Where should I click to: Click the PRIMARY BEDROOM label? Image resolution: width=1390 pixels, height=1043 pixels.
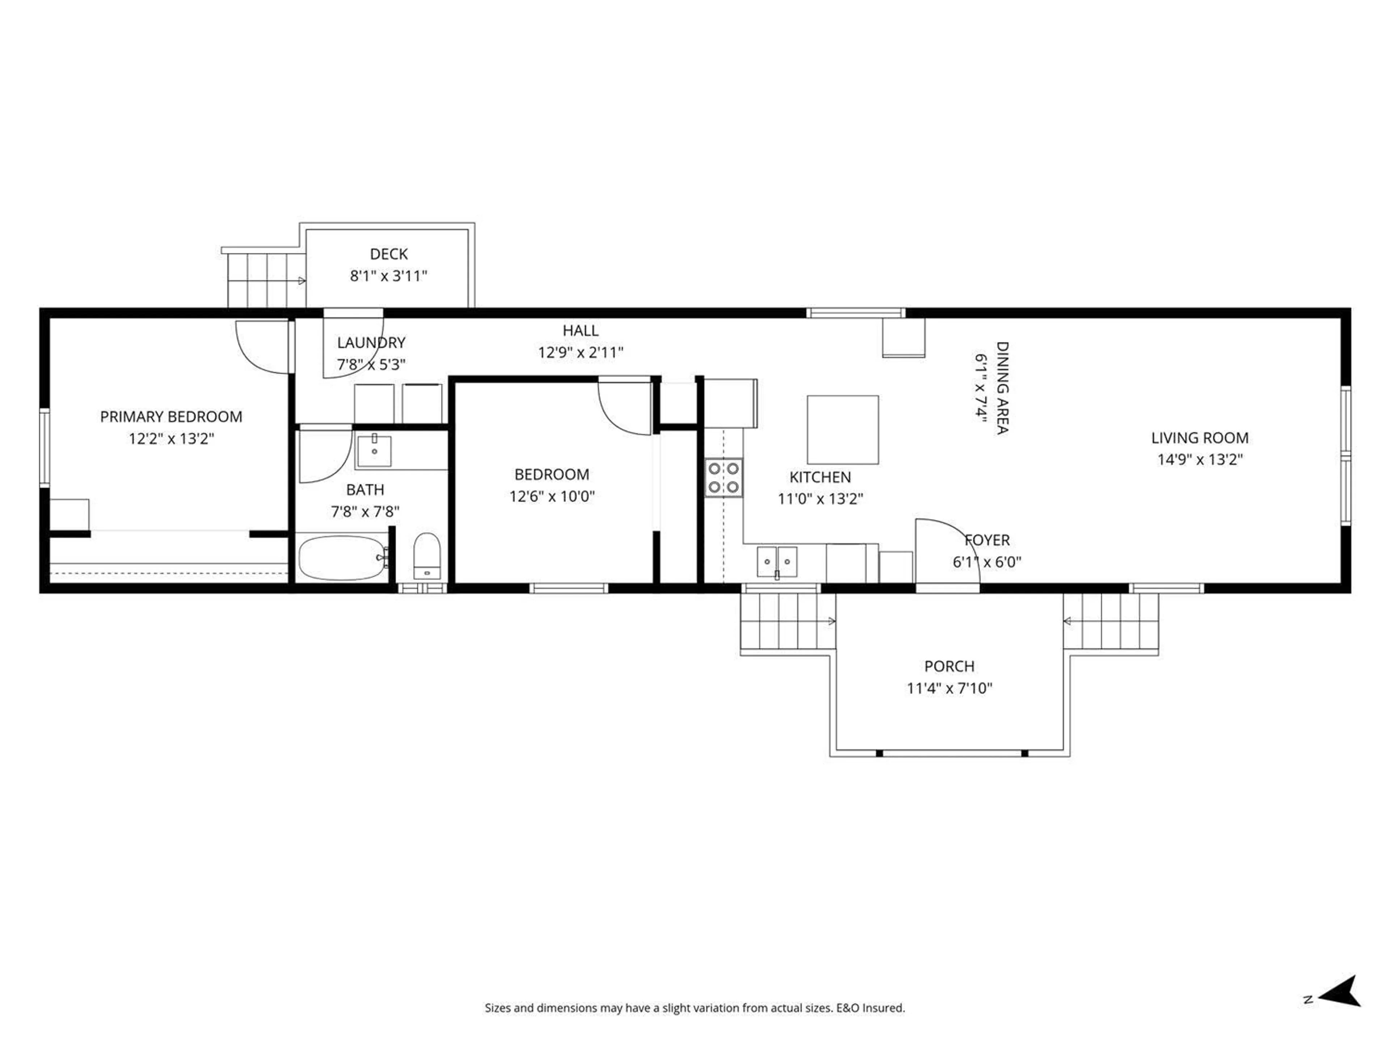pos(171,417)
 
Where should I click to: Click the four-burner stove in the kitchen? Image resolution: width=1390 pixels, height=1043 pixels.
pos(723,478)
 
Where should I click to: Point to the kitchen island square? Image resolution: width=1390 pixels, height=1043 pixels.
pos(843,430)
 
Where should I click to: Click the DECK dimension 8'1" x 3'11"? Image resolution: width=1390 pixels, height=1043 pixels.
pos(388,276)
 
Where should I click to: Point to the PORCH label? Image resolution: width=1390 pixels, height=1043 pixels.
pos(949,666)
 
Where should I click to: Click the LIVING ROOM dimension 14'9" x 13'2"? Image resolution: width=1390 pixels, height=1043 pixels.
pos(1200,460)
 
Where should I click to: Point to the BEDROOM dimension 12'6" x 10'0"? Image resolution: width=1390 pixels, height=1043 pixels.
pos(552,497)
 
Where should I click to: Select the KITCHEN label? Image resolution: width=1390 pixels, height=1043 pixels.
pos(820,477)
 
